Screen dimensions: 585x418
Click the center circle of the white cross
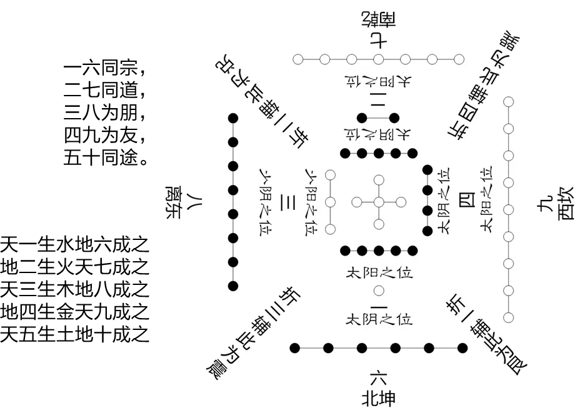coord(379,202)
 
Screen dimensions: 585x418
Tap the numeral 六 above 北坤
coord(379,376)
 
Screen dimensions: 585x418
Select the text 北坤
coord(379,397)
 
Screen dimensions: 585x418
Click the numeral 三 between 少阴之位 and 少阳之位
coord(289,203)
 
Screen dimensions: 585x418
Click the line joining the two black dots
coord(379,117)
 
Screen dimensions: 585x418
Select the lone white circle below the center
coord(379,291)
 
